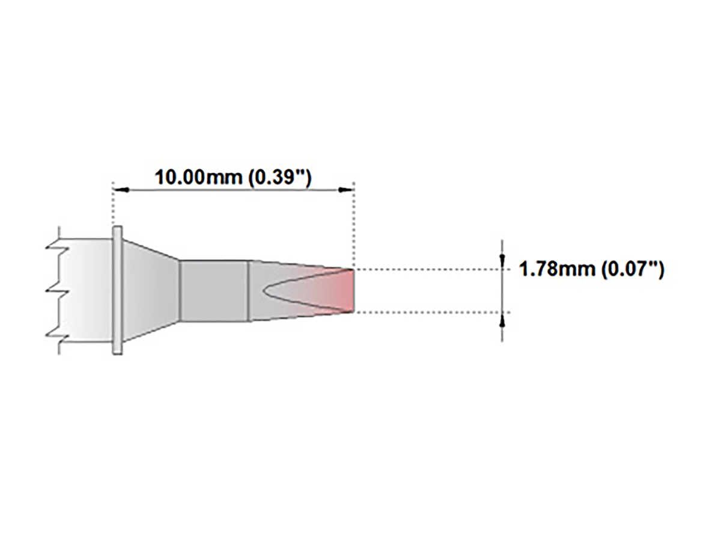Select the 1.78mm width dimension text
click(x=557, y=269)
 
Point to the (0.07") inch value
click(x=633, y=269)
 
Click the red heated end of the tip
click(x=344, y=291)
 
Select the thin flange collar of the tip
click(x=118, y=290)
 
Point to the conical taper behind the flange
click(x=150, y=290)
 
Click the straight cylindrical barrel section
click(x=214, y=290)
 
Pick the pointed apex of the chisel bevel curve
click(x=265, y=290)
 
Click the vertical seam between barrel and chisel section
click(x=249, y=290)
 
